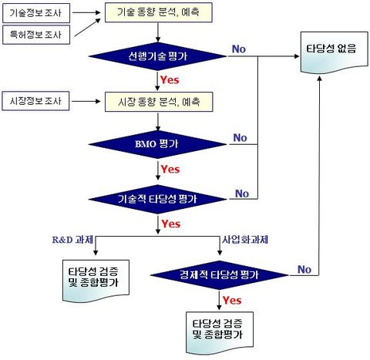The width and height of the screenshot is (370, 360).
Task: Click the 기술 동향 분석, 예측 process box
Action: (x=159, y=14)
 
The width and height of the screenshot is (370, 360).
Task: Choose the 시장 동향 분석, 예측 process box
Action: (x=159, y=101)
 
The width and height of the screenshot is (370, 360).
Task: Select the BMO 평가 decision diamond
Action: (x=158, y=144)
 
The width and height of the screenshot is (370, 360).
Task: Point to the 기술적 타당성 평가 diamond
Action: (x=158, y=199)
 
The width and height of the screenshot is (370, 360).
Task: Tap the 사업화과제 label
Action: (x=244, y=241)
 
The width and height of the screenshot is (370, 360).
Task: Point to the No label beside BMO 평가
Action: (x=240, y=138)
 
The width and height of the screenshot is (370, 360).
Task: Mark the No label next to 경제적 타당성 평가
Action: (x=304, y=269)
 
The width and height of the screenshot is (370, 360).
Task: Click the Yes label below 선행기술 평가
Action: (x=170, y=79)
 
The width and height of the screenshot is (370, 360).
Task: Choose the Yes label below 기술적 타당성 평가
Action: (x=170, y=224)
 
